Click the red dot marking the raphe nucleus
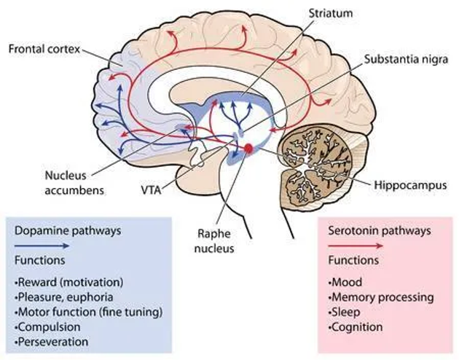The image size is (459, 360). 248,148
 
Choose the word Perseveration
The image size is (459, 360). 52,341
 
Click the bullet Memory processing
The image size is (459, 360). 382,297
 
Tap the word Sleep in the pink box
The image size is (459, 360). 343,312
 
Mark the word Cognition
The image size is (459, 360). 356,326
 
